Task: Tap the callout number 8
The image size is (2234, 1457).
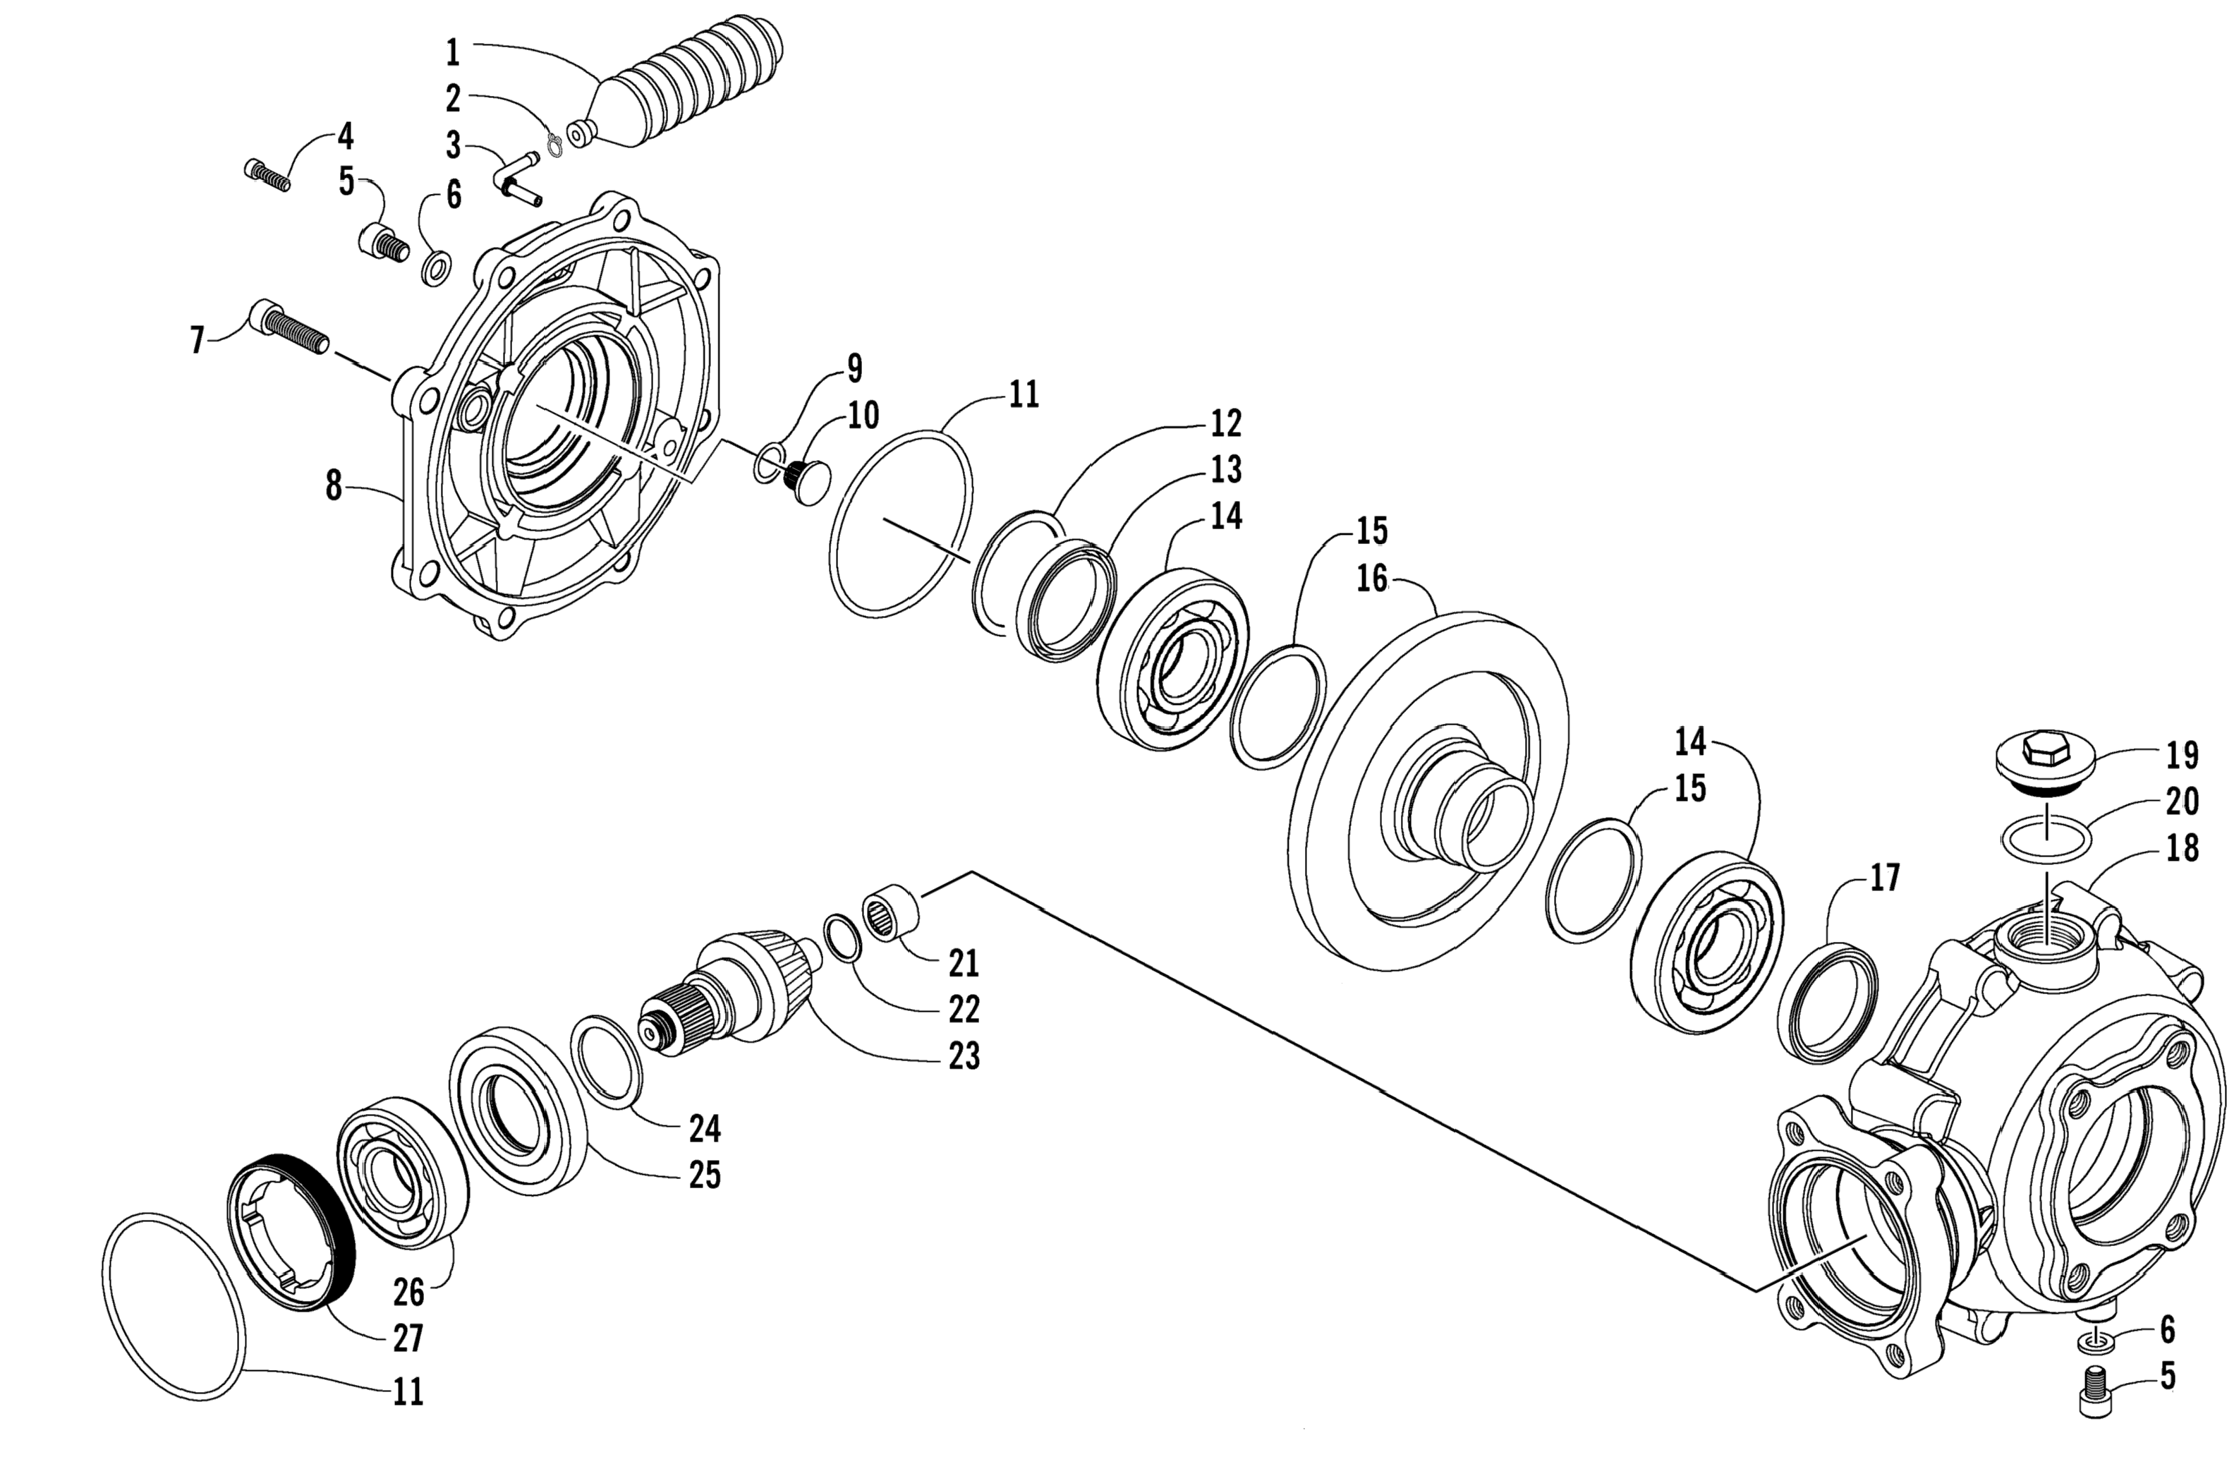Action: [x=333, y=486]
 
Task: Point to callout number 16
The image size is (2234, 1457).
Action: [x=1371, y=579]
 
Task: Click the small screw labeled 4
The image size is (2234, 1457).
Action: [x=267, y=176]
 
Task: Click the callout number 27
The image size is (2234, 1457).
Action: [x=408, y=1337]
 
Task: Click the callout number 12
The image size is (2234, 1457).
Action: [x=1226, y=423]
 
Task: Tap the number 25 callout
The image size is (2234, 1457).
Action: [x=704, y=1175]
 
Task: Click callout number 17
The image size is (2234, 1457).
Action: [x=1884, y=878]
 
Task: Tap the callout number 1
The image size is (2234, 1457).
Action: [x=452, y=53]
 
